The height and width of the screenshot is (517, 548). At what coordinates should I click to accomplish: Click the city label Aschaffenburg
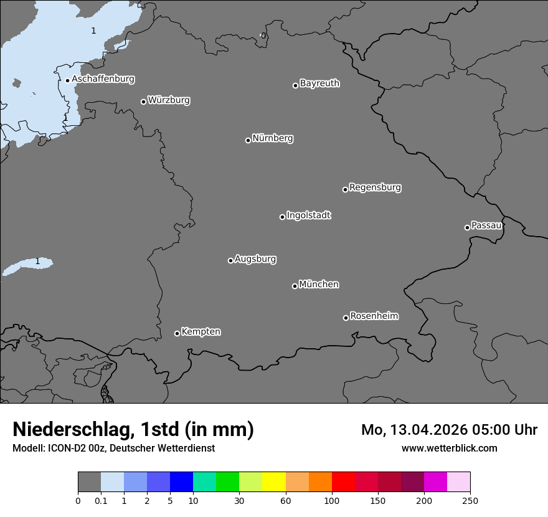(103, 79)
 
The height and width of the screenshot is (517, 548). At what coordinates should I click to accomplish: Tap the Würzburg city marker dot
(143, 102)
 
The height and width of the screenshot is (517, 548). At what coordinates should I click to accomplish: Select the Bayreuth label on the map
(319, 83)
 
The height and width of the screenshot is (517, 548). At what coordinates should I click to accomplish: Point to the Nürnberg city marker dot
(248, 140)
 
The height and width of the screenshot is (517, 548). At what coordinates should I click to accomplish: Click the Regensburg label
(375, 187)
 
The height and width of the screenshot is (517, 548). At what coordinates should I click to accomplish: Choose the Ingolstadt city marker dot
(282, 217)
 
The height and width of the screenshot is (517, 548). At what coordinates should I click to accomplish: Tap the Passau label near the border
(486, 225)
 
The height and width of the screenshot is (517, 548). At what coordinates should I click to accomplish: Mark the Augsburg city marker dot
(230, 260)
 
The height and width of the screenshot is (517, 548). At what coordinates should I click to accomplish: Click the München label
(319, 285)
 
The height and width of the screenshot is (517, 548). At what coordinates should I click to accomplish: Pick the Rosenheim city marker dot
(346, 318)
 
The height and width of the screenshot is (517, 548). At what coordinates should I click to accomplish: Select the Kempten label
(201, 332)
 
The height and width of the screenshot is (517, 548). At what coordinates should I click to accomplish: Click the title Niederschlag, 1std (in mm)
(133, 430)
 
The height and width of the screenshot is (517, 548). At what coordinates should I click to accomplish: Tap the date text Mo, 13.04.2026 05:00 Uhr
(449, 430)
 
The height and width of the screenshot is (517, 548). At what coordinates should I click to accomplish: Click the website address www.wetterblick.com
(449, 448)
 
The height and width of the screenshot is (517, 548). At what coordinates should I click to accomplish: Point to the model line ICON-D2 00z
(113, 448)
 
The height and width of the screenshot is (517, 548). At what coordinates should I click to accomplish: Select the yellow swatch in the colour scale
(274, 482)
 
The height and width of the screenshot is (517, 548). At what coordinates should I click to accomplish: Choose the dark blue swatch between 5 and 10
(181, 482)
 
